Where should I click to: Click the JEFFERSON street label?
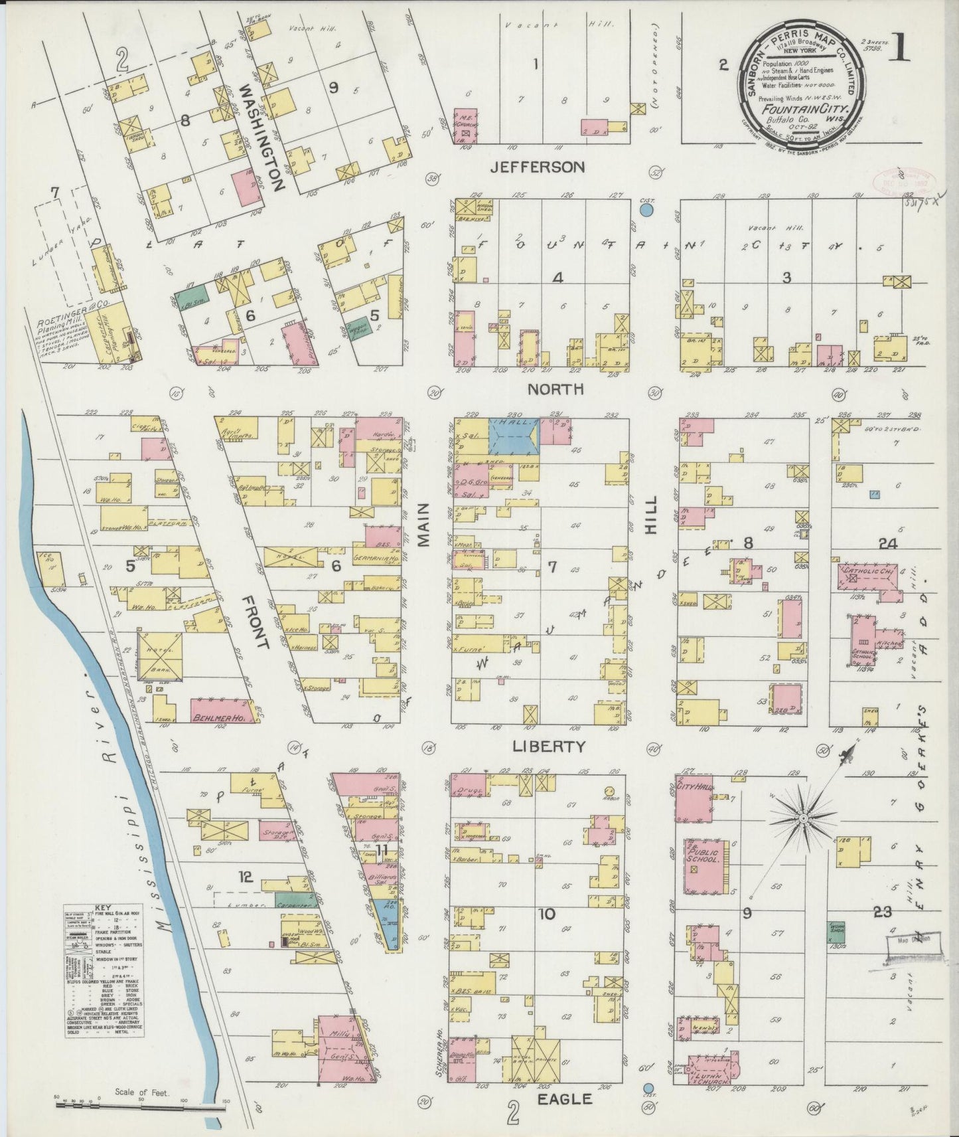click(537, 167)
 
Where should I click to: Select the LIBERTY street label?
click(548, 746)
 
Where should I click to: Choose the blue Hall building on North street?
click(513, 436)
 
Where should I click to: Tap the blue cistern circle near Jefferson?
click(647, 210)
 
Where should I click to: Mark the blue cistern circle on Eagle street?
click(648, 1088)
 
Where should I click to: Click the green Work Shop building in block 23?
click(836, 931)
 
